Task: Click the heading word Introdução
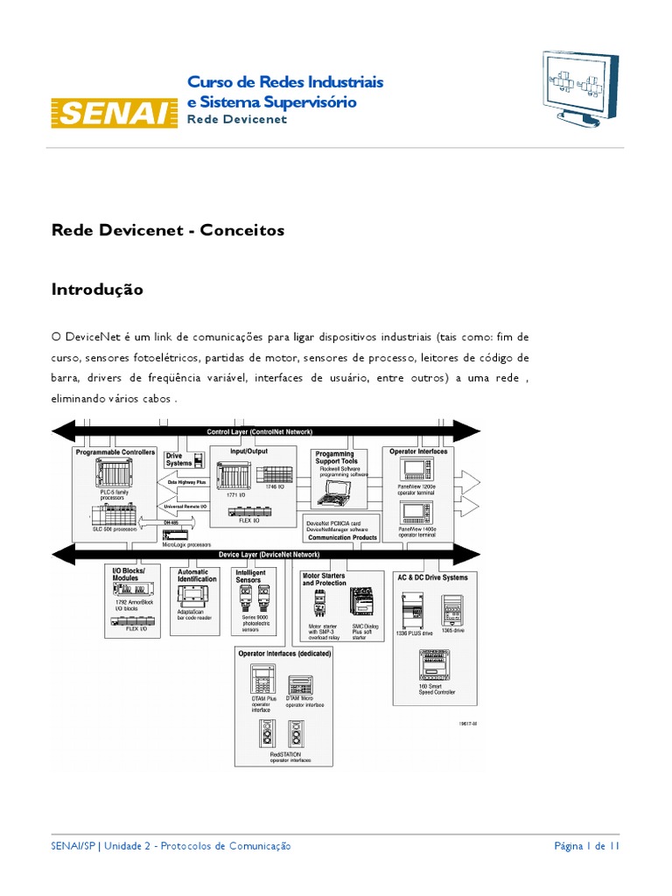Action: [97, 289]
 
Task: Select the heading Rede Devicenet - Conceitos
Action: [168, 230]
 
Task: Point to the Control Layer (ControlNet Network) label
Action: [259, 431]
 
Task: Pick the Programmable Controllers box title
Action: [115, 452]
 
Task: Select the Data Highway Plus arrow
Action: [186, 482]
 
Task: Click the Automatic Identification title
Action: [197, 576]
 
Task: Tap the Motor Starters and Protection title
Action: [325, 579]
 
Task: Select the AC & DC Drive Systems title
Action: [432, 577]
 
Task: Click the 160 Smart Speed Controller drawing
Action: [435, 668]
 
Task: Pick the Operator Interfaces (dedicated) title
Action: [283, 654]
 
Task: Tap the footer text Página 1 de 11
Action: [587, 846]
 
